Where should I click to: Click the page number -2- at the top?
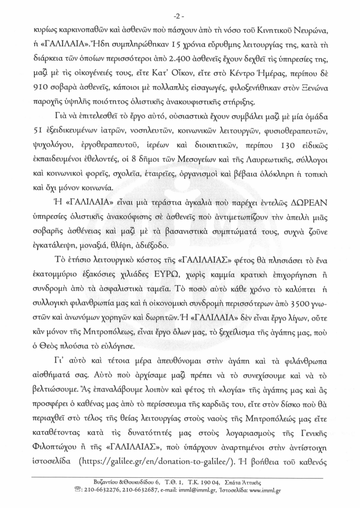click(180, 12)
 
